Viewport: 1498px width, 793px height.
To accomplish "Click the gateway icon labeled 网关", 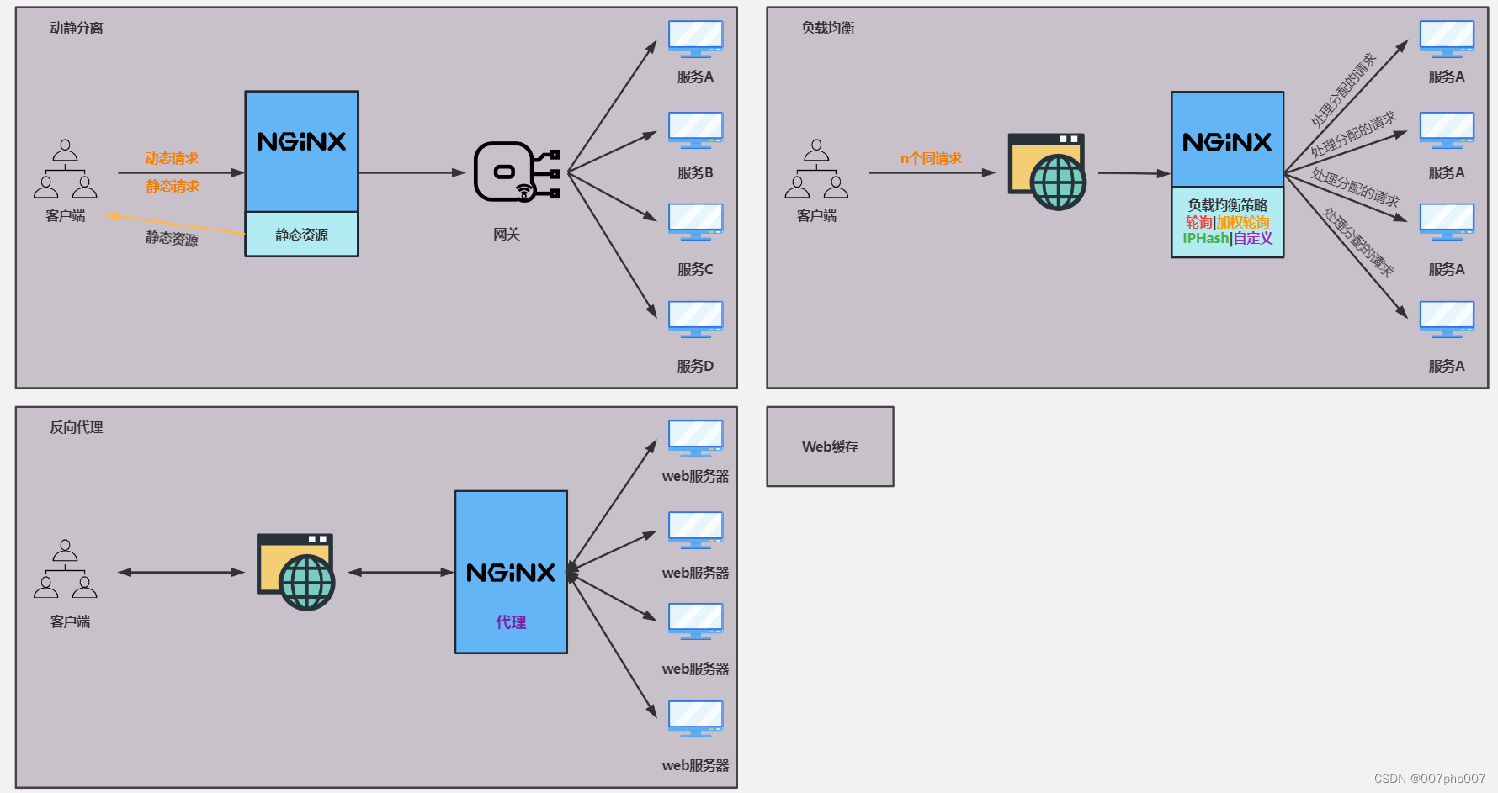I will [515, 172].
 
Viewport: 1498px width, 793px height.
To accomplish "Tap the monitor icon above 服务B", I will [695, 130].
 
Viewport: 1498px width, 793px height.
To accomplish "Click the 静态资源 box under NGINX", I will [301, 235].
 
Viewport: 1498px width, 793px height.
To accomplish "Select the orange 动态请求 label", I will [172, 158].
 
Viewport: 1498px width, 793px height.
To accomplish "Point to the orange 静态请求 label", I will [173, 186].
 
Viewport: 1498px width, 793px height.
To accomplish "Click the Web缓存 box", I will [830, 447].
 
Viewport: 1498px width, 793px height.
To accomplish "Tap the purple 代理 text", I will [511, 622].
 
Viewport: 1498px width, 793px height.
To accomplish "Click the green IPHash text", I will [1205, 239].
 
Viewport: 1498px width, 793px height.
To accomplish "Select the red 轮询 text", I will [1198, 222].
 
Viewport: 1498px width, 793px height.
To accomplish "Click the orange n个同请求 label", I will [931, 158].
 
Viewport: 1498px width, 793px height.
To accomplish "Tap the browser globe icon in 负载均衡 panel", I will [1048, 172].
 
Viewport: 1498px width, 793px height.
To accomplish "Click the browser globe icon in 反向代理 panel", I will [295, 572].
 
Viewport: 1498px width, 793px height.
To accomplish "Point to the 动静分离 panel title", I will [77, 28].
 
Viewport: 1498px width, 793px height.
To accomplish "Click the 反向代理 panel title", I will [77, 427].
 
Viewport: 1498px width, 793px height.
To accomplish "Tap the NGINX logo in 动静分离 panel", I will [301, 142].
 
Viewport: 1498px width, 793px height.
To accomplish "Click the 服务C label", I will [695, 269].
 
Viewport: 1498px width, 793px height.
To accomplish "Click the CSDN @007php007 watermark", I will [1429, 779].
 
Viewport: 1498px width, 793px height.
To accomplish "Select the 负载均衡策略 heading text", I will [1227, 205].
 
